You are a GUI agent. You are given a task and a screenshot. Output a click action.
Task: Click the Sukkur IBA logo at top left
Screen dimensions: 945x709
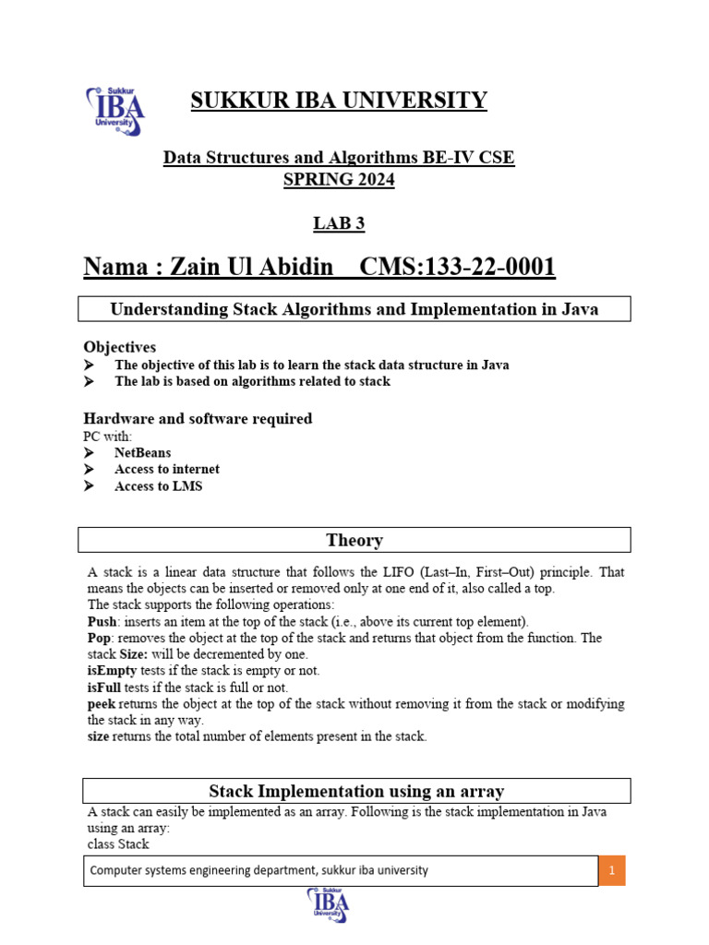point(115,111)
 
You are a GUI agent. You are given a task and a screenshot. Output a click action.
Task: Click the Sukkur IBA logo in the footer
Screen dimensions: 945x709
point(328,904)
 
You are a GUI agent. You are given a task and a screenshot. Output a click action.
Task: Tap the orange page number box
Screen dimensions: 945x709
point(611,870)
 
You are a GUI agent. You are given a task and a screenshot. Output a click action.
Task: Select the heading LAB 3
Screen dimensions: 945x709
point(339,222)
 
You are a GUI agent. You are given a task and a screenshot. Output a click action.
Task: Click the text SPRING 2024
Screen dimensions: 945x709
point(339,181)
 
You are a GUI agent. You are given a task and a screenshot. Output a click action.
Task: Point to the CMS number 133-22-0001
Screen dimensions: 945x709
point(457,268)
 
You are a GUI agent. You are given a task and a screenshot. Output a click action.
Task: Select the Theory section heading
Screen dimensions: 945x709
point(354,540)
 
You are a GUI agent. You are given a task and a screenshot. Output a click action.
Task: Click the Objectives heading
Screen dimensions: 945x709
point(120,347)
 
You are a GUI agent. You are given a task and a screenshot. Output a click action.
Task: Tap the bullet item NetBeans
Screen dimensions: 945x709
point(142,453)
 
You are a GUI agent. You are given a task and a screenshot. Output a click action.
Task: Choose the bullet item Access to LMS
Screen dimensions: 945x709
point(158,486)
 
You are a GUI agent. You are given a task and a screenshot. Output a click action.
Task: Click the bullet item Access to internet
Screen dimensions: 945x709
point(166,470)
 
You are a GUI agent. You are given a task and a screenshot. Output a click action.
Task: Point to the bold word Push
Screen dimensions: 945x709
point(102,622)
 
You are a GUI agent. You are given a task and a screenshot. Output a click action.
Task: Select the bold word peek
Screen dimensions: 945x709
point(102,703)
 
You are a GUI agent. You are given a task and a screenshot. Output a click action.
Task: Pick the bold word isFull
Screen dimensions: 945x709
point(104,688)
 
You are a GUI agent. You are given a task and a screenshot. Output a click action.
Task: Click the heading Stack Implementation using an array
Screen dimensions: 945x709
point(356,791)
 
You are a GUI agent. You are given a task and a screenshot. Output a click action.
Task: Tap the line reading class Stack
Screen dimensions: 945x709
point(117,843)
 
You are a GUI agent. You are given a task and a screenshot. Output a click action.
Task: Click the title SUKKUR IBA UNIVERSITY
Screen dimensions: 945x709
point(339,101)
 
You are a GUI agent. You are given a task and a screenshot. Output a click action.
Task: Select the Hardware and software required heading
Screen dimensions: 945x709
point(198,419)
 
